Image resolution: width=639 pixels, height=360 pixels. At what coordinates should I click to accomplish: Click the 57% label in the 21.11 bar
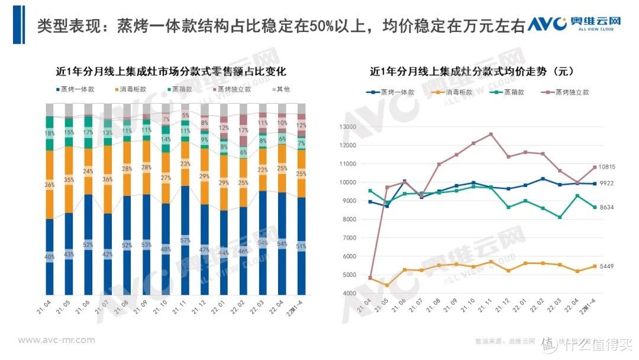(185, 240)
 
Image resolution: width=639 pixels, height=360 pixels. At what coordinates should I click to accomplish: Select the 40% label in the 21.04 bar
(50, 256)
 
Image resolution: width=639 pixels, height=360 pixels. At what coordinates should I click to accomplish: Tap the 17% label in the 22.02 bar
(243, 130)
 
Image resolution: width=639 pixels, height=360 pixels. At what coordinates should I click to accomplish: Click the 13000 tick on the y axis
(346, 127)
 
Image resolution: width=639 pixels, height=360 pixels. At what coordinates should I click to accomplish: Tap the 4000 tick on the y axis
(348, 294)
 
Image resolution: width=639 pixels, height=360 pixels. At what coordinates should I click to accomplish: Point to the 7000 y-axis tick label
(348, 238)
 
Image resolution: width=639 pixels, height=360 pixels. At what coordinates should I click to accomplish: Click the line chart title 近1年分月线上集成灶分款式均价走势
(472, 72)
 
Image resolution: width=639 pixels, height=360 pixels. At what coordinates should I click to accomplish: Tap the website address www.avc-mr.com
(56, 340)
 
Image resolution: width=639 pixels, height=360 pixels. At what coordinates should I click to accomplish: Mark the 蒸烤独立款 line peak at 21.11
(490, 134)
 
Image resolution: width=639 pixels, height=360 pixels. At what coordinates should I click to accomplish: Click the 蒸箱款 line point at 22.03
(559, 217)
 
